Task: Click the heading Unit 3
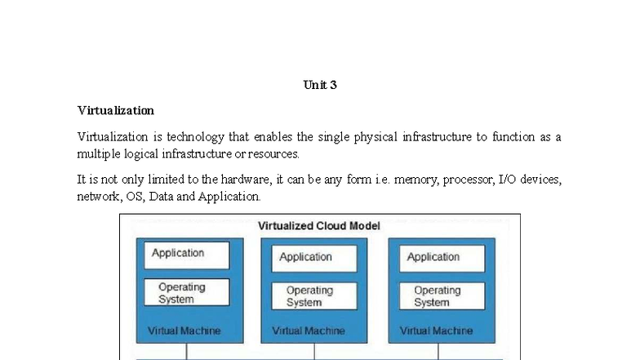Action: pos(320,85)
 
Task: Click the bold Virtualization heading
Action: pos(116,110)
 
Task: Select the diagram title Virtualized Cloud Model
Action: pos(319,225)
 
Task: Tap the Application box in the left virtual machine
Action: pos(187,255)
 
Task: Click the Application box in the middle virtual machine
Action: pos(314,258)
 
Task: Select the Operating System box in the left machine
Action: pos(187,292)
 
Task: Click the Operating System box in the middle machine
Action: pos(314,296)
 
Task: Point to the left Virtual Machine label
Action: pos(184,331)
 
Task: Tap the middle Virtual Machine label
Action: pos(309,331)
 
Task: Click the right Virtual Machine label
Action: pos(436,331)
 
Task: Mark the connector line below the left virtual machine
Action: pos(187,351)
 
